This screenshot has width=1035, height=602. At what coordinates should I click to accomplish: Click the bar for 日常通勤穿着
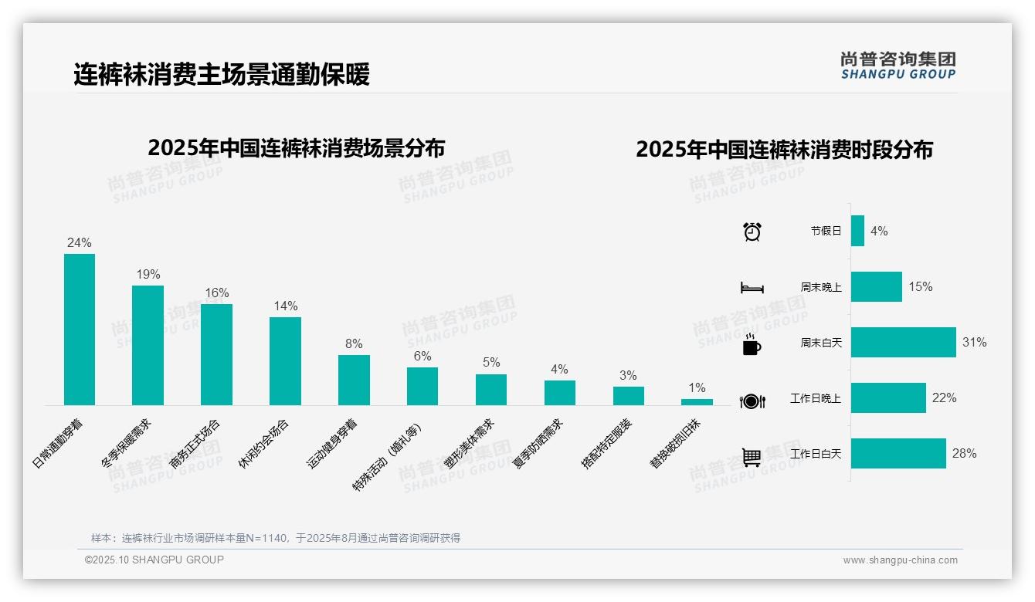[80, 330]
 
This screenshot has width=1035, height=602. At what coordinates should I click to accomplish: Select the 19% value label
[148, 275]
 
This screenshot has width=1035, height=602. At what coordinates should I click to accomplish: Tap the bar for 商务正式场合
[216, 354]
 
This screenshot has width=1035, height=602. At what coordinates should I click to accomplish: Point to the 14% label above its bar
[285, 306]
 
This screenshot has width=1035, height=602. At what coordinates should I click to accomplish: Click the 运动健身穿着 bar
[354, 380]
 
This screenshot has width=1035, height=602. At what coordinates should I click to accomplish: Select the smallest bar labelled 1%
[697, 401]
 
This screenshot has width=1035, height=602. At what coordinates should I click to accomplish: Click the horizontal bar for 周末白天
[903, 343]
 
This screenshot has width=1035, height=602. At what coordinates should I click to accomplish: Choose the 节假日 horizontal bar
[857, 231]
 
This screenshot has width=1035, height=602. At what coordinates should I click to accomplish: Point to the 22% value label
[944, 398]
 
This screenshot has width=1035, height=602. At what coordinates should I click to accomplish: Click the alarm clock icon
[752, 232]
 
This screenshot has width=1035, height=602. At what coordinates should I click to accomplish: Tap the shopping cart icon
[752, 457]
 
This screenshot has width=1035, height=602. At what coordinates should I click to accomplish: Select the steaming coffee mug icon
[752, 344]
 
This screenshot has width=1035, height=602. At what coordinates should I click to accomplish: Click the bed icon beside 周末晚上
[752, 288]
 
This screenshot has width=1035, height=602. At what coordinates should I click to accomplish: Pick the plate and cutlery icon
[752, 401]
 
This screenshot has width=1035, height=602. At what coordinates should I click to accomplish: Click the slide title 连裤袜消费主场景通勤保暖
[222, 74]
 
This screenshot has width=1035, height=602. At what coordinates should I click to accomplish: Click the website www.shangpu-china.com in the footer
[900, 560]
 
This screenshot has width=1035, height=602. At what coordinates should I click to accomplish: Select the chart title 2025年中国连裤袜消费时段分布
[784, 149]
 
